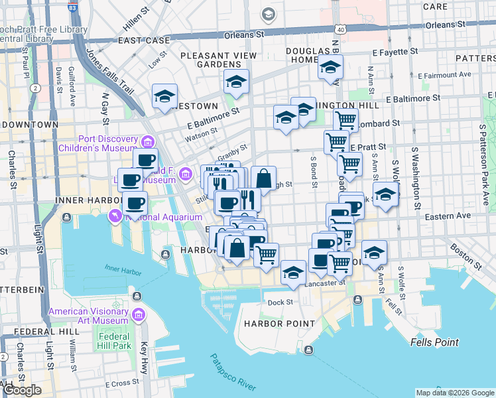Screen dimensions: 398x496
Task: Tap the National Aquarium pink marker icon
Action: tap(116, 216)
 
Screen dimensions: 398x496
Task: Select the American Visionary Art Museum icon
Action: tap(139, 314)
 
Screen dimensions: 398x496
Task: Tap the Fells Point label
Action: tap(434, 342)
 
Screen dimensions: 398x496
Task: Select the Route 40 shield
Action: tap(340, 30)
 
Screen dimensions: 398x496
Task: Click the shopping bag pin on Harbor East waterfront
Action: tap(237, 248)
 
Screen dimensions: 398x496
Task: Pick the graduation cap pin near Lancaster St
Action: tap(293, 272)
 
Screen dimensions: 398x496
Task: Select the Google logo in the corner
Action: tap(21, 390)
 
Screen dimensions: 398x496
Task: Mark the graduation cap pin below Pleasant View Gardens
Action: tap(236, 82)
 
